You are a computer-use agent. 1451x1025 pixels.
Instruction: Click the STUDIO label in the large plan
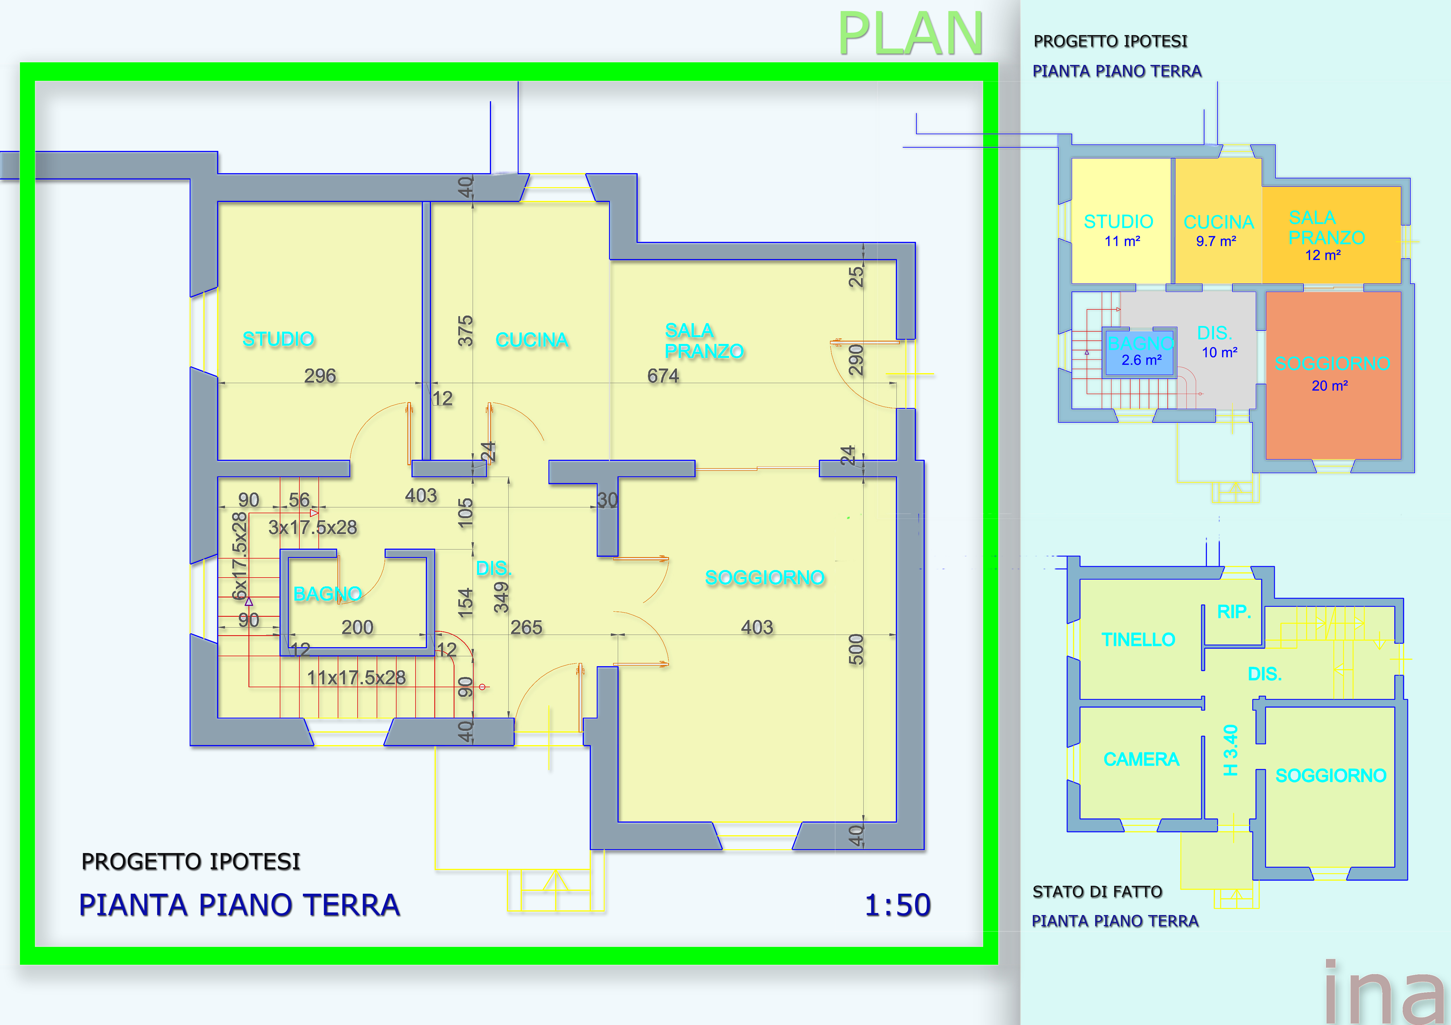point(278,339)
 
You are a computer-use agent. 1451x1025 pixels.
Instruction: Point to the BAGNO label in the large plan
point(327,594)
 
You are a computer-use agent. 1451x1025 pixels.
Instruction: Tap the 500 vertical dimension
point(856,649)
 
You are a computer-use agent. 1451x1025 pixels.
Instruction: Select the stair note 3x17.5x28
point(312,527)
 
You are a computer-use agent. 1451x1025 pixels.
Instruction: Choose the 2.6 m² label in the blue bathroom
point(1141,360)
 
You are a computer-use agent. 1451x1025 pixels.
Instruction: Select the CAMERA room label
point(1141,759)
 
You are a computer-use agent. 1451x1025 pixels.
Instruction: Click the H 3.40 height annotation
point(1230,750)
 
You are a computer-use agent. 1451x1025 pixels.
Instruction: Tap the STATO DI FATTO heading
point(1097,892)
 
